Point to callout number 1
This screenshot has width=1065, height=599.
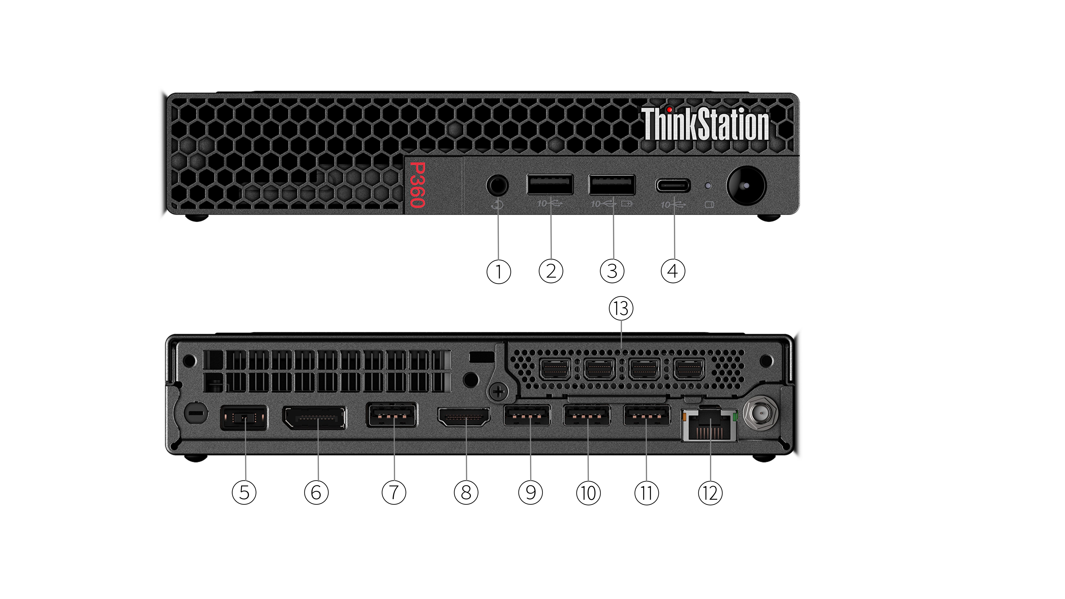(x=499, y=271)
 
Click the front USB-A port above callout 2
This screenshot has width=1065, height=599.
(x=550, y=184)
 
